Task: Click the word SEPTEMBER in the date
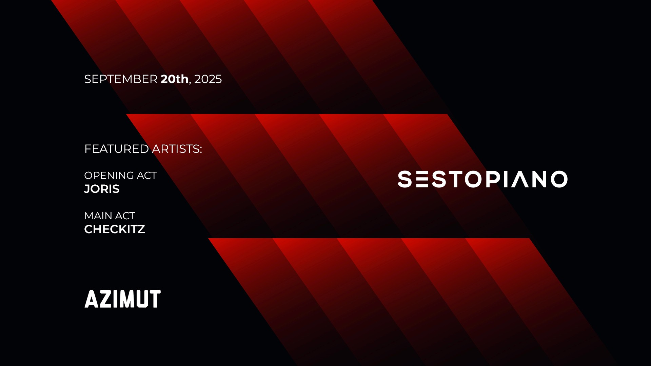pyautogui.click(x=120, y=79)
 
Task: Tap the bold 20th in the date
pyautogui.click(x=174, y=79)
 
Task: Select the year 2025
pyautogui.click(x=208, y=79)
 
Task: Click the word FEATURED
pyautogui.click(x=116, y=149)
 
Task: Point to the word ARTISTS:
pyautogui.click(x=177, y=149)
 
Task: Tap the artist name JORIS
pyautogui.click(x=102, y=189)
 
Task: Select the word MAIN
pyautogui.click(x=98, y=216)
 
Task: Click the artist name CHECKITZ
pyautogui.click(x=115, y=229)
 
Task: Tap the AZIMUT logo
pyautogui.click(x=122, y=299)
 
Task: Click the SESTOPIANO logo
pyautogui.click(x=482, y=179)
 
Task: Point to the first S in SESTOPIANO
pyautogui.click(x=405, y=179)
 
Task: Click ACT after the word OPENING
pyautogui.click(x=146, y=176)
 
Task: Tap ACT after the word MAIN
pyautogui.click(x=125, y=216)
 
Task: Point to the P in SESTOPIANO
pyautogui.click(x=493, y=179)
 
